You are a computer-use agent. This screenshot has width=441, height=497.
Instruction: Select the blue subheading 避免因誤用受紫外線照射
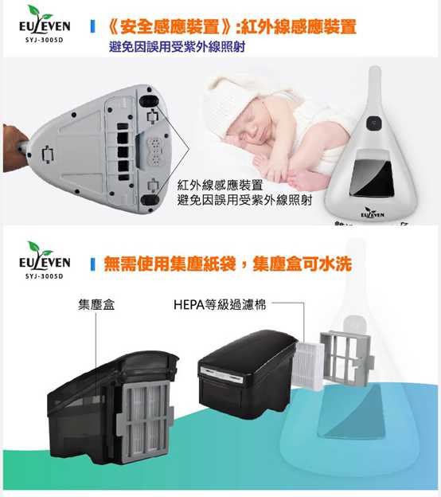(x=176, y=47)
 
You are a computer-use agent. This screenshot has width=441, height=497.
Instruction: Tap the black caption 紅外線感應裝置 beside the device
(x=220, y=185)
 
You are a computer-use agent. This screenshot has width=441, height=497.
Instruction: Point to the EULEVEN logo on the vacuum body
(x=372, y=213)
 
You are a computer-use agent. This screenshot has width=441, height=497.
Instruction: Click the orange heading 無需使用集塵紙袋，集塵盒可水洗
(x=228, y=264)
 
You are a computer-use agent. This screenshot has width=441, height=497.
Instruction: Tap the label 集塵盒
(x=95, y=304)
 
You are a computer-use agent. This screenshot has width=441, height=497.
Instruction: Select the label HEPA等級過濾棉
(x=219, y=304)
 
